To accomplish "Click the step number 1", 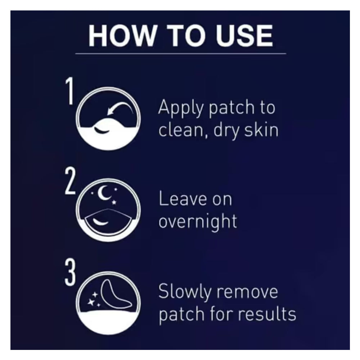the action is coord(69,91).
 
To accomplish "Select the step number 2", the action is coord(70,181).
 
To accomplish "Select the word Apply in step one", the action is coord(181,108).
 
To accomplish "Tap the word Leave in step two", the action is coord(183,199).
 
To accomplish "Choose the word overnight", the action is coord(198,222).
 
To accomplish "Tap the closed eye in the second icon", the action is coord(100,222).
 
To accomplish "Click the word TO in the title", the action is coord(185,36).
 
